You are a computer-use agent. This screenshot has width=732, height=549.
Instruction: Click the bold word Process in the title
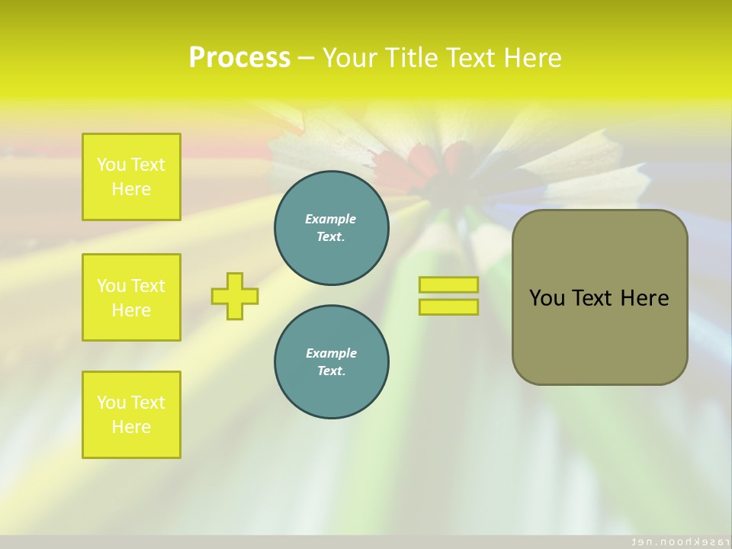point(239,57)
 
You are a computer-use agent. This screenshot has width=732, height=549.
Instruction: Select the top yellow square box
point(131,177)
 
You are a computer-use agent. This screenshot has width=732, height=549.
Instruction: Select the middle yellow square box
point(131,297)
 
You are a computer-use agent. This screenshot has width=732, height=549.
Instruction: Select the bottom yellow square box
point(131,415)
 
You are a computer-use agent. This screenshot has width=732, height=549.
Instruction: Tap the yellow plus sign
point(235,296)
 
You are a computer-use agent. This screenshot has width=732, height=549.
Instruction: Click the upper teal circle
point(331,228)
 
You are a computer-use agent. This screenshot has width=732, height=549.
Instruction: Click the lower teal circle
point(331,361)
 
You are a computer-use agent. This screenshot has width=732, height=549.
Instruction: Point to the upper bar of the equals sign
point(448,285)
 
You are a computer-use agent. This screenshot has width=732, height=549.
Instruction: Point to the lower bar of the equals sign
point(448,307)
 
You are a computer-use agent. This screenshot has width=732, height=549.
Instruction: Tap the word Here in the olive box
point(644,298)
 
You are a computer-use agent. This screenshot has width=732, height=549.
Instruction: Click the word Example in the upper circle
point(331,219)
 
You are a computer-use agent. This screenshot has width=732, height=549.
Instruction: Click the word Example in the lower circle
point(331,353)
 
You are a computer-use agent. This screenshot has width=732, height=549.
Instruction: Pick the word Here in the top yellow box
point(131,189)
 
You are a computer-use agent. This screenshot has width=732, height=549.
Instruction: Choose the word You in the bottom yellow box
point(111,403)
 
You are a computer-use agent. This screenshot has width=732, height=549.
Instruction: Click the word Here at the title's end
point(533,57)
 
